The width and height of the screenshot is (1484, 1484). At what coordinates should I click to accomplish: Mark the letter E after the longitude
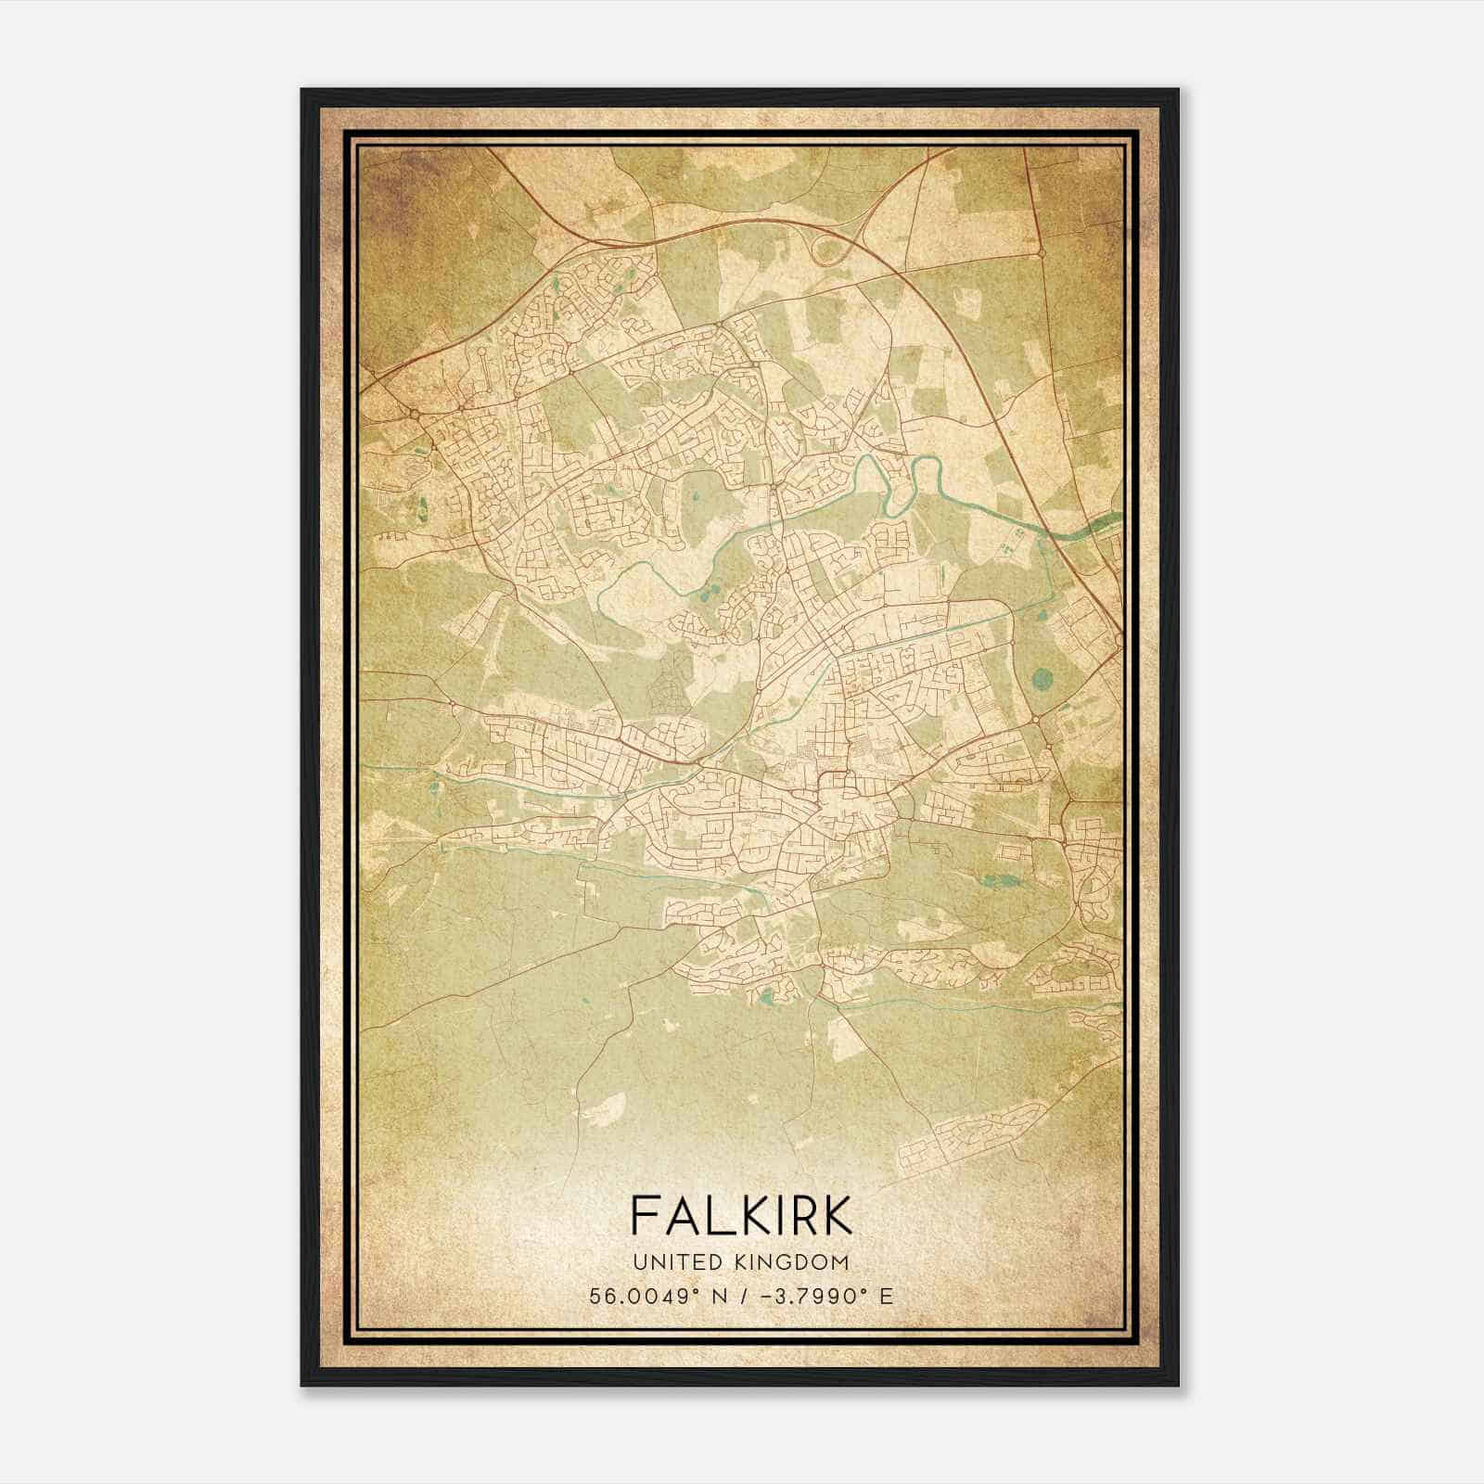point(888,1296)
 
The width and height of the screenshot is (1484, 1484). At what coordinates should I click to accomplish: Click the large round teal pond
point(1042,679)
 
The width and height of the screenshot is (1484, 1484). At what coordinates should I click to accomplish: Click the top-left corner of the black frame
point(303,91)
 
